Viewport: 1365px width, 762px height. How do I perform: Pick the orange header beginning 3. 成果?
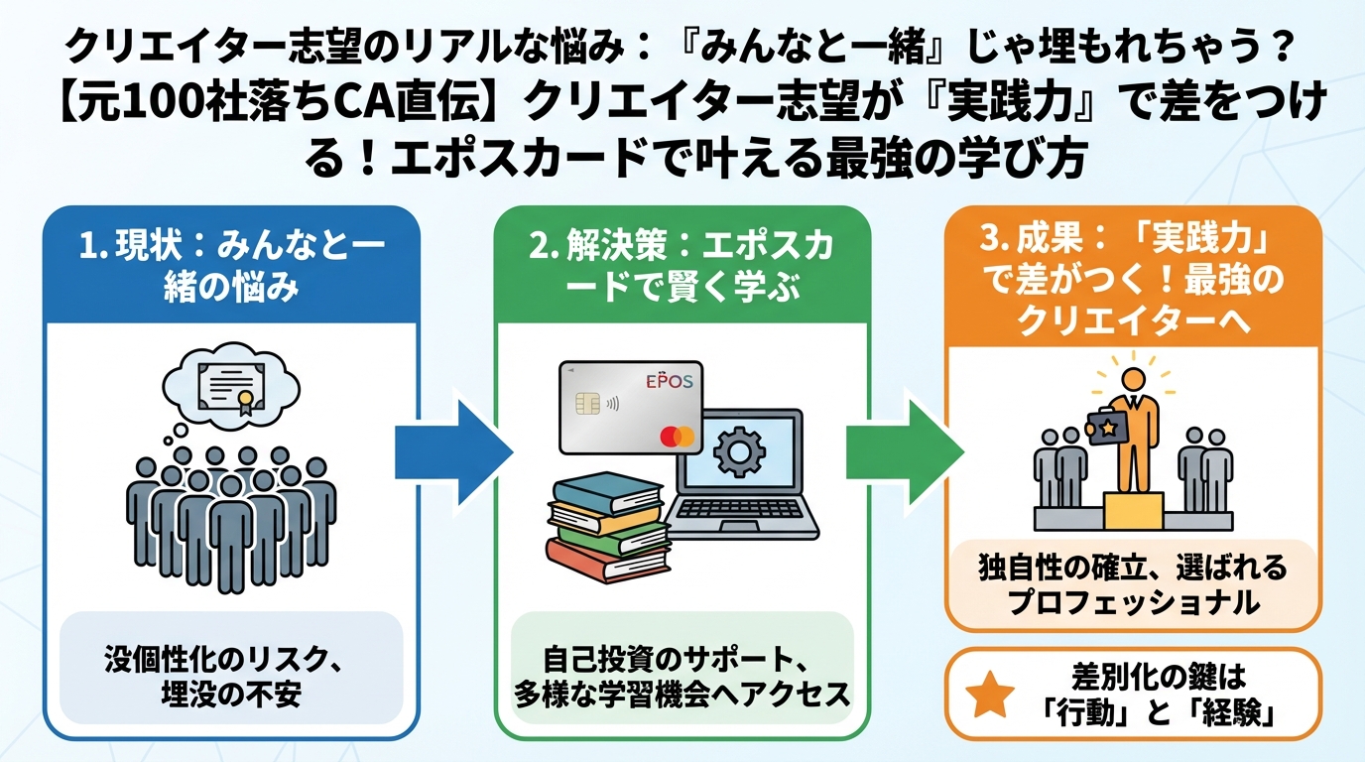pyautogui.click(x=1131, y=280)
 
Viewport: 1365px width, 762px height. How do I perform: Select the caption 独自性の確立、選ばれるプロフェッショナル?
pyautogui.click(x=1132, y=584)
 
